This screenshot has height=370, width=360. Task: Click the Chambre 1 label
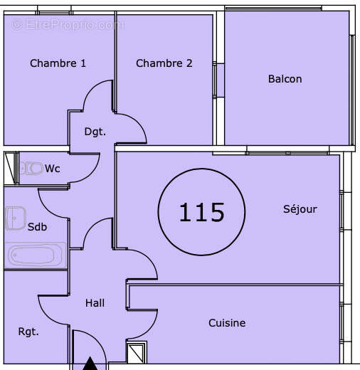[58, 63]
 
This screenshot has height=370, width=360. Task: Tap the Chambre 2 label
[164, 63]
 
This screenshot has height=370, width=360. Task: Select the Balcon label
[285, 79]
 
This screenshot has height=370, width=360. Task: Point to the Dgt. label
[95, 132]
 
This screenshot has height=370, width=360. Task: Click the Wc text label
[53, 169]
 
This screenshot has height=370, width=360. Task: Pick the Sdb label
[37, 227]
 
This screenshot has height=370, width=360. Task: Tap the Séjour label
[300, 209]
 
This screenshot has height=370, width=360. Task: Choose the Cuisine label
[227, 323]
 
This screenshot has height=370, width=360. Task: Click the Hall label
[95, 303]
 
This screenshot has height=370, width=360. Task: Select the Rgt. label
[28, 332]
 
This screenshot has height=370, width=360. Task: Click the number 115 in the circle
[201, 212]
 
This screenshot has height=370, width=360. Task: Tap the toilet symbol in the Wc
[31, 169]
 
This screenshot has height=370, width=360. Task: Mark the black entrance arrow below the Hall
[90, 364]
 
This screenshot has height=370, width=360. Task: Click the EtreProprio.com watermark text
[68, 25]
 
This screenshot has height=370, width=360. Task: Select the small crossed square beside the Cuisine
[136, 352]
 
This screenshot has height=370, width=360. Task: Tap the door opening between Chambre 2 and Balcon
[219, 80]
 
